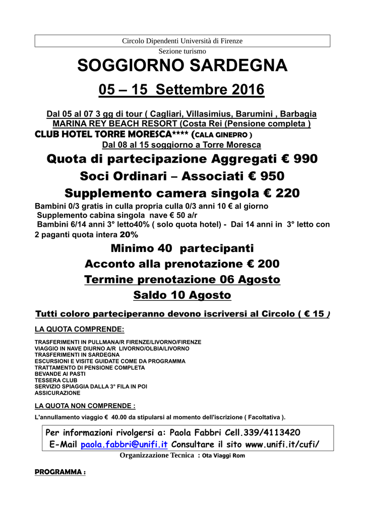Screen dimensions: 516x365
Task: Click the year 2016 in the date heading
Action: click(248, 90)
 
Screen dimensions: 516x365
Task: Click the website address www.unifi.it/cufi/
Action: click(282, 444)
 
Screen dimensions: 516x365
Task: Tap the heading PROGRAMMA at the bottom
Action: click(60, 472)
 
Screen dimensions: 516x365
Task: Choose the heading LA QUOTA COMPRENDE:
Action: click(79, 330)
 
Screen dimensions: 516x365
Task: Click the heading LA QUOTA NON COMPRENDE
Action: click(85, 406)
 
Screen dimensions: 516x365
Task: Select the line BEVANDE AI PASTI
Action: click(60, 374)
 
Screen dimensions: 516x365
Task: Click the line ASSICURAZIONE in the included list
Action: click(57, 393)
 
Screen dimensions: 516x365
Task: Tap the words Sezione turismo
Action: click(182, 51)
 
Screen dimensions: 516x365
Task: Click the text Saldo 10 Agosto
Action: click(182, 295)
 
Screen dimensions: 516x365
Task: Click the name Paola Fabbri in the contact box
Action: click(192, 432)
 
